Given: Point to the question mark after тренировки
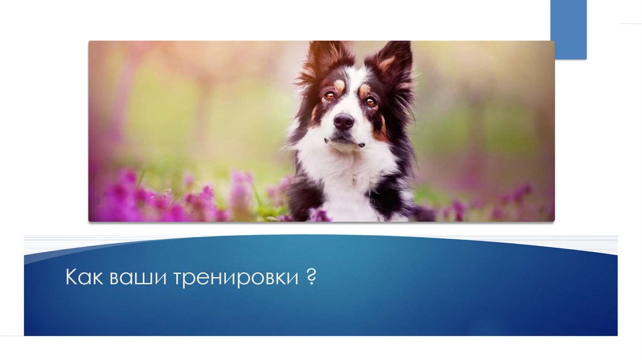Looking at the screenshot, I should coord(311,277).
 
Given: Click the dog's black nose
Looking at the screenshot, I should coord(344,122).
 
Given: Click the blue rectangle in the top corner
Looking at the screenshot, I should coord(568,29).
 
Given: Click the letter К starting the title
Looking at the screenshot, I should coord(71,278).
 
